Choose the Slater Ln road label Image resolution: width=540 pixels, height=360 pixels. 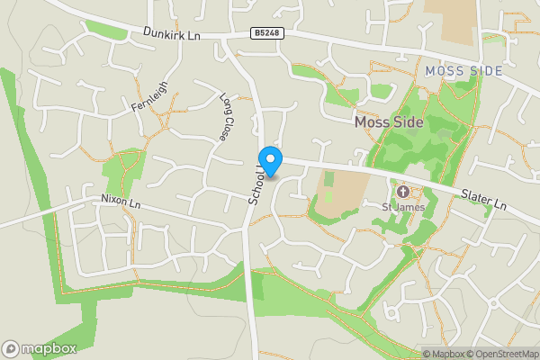pyautogui.click(x=482, y=200)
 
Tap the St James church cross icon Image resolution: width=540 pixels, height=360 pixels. pyautogui.click(x=402, y=191)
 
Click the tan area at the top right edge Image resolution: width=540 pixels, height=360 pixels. pyautogui.click(x=450, y=20)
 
